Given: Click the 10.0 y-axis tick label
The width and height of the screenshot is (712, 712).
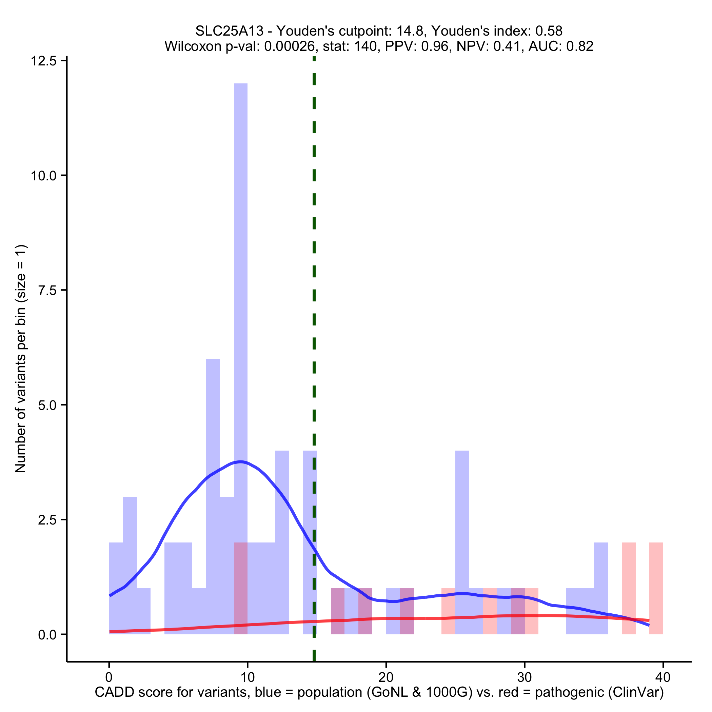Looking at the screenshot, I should click(43, 175).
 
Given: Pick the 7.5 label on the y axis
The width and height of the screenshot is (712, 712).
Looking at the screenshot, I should click(47, 291).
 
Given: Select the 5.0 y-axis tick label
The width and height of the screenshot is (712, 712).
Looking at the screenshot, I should click(47, 405).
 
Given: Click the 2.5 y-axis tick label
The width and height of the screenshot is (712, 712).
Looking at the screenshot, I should click(47, 520).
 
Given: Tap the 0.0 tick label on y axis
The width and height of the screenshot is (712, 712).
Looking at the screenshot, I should click(47, 635).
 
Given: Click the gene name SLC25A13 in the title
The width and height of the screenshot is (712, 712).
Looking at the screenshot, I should click(229, 31).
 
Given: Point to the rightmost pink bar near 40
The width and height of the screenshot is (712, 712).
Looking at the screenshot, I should click(656, 590).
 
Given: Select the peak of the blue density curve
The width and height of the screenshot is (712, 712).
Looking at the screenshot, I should click(241, 462).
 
